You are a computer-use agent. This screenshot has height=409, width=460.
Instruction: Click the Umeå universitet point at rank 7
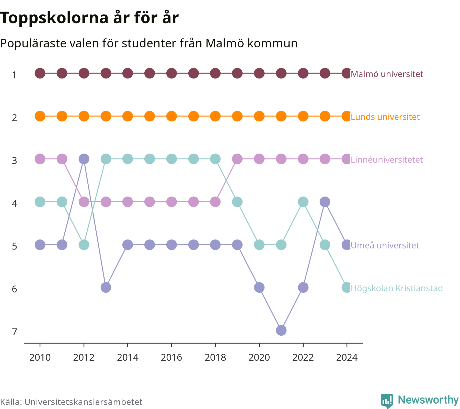click(281, 330)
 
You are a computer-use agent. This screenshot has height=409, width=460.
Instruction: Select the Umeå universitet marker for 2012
click(84, 159)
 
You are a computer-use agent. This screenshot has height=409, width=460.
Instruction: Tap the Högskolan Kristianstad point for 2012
click(84, 245)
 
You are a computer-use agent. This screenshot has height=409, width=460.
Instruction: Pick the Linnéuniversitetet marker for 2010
click(40, 159)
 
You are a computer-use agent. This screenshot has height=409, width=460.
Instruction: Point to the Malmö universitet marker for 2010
click(40, 73)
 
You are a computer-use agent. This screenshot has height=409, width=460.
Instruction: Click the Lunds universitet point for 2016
click(171, 116)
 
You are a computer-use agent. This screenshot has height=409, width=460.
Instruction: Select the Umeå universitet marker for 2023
click(325, 202)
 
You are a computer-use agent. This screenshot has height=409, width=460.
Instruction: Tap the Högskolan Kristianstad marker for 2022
click(303, 202)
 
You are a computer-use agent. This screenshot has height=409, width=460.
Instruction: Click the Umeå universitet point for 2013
click(106, 287)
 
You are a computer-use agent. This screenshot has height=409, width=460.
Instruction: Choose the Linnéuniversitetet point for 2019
click(237, 159)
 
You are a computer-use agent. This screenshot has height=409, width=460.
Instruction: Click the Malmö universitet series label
click(387, 74)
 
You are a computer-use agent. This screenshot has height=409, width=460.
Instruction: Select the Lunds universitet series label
click(385, 117)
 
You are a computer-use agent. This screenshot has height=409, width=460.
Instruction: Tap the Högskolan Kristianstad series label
click(397, 288)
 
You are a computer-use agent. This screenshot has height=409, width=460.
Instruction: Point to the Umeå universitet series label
click(385, 245)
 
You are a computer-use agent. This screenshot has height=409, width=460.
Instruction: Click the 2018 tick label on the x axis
click(215, 357)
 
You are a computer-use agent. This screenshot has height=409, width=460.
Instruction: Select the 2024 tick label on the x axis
click(347, 357)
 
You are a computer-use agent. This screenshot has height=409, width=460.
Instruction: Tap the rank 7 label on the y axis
click(15, 332)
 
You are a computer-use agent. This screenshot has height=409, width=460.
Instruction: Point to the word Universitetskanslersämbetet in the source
click(83, 402)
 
